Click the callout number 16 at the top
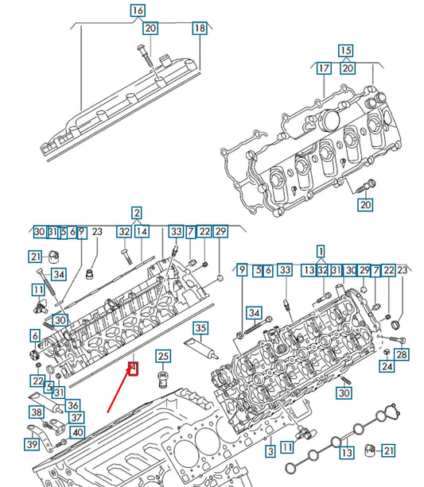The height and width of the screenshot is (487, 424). (x=138, y=11)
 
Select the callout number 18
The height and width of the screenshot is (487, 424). (x=199, y=29)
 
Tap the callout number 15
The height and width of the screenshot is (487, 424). (x=345, y=51)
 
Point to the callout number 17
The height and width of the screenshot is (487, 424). (x=324, y=68)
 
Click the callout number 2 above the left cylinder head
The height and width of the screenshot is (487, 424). (x=137, y=213)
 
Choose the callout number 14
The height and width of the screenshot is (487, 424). (x=142, y=231)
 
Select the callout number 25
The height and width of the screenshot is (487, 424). (x=163, y=356)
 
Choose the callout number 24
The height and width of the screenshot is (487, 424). (x=387, y=366)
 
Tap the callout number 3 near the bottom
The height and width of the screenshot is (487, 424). (x=270, y=451)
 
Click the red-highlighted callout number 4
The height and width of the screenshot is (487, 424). (x=134, y=368)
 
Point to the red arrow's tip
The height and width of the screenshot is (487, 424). (x=108, y=412)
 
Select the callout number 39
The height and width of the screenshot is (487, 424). (x=31, y=443)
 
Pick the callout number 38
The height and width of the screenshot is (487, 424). (x=37, y=412)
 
